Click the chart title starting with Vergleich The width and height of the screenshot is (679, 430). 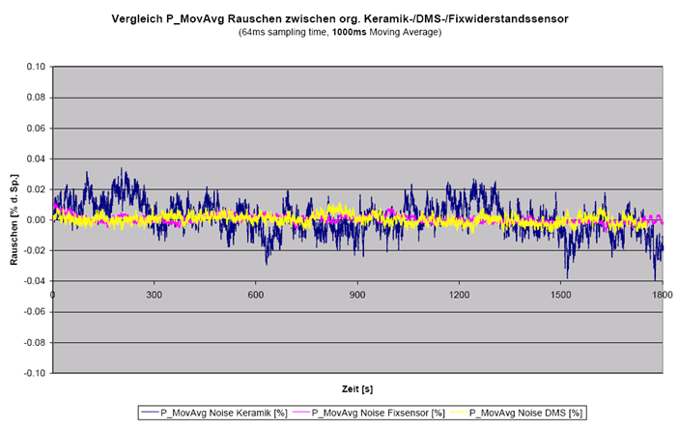coord(339,18)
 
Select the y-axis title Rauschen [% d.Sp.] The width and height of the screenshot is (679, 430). coord(14,219)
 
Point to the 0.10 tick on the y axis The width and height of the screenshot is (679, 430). coord(37,67)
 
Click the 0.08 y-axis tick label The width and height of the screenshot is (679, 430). coord(37,98)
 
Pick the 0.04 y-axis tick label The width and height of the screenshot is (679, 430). coord(37,158)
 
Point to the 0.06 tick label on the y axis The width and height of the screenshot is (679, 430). coord(37,129)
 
